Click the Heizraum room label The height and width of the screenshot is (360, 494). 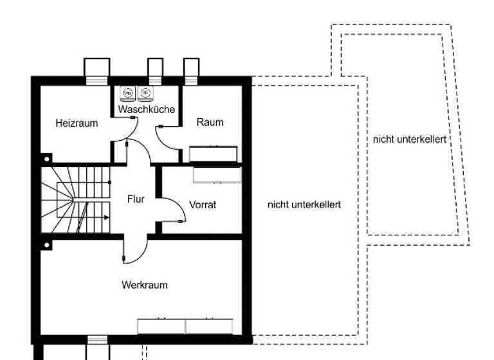pyautogui.click(x=77, y=123)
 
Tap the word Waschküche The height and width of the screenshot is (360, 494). pyautogui.click(x=147, y=110)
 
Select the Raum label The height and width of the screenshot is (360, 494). pyautogui.click(x=210, y=122)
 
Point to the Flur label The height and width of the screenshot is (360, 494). pyautogui.click(x=136, y=199)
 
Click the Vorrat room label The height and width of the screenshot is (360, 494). pyautogui.click(x=203, y=205)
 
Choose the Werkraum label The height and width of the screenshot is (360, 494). pyautogui.click(x=145, y=284)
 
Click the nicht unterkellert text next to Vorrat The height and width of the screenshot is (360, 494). pyautogui.click(x=304, y=204)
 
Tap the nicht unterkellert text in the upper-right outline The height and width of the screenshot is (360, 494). pyautogui.click(x=409, y=139)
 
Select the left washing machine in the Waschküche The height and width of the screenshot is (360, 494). pyautogui.click(x=127, y=94)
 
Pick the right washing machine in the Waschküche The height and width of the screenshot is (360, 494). pyautogui.click(x=146, y=94)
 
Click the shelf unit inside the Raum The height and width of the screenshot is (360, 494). pyautogui.click(x=214, y=154)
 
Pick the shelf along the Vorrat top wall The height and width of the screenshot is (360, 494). pyautogui.click(x=217, y=175)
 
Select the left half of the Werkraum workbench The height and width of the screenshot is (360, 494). pyautogui.click(x=161, y=326)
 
